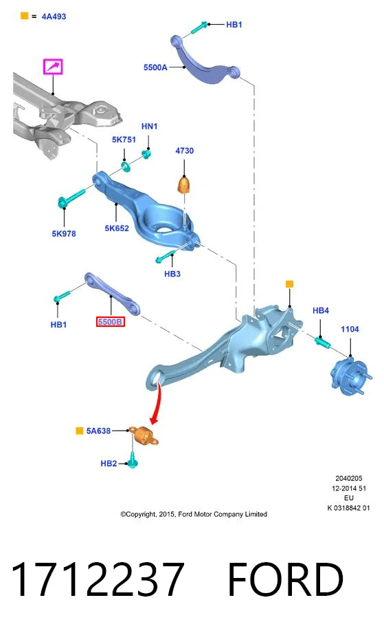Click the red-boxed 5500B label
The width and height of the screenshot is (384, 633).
[110, 322]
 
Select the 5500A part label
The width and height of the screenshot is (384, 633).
[155, 67]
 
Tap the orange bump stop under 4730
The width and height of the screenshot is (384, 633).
[184, 185]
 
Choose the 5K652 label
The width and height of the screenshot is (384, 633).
[117, 228]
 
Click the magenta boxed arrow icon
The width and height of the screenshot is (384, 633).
[53, 67]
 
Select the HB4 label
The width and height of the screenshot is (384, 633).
[321, 310]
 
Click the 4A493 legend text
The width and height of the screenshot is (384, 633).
[54, 17]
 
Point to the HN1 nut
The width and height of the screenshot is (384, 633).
[147, 154]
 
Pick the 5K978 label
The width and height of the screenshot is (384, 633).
[64, 234]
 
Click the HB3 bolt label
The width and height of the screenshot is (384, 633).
[172, 274]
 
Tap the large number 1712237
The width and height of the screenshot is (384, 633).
[98, 580]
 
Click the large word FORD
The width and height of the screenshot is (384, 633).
[285, 580]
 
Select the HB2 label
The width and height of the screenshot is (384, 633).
[109, 464]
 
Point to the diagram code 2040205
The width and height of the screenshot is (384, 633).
[349, 478]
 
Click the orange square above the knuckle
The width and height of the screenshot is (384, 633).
[289, 284]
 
